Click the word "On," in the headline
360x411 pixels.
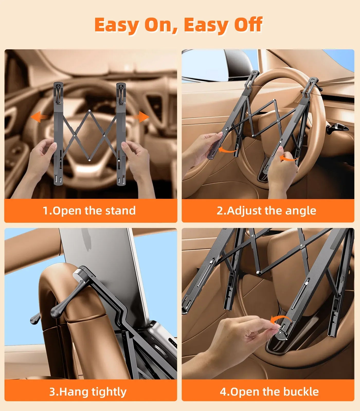[161, 25]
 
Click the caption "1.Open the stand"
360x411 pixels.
[89, 211]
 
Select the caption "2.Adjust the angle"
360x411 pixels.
[266, 211]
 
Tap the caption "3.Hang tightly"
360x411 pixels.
[88, 392]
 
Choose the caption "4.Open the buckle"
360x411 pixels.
[269, 392]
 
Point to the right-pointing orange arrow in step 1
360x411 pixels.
[141, 117]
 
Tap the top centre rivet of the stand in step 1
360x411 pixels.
[89, 111]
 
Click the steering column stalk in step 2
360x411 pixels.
[337, 128]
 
